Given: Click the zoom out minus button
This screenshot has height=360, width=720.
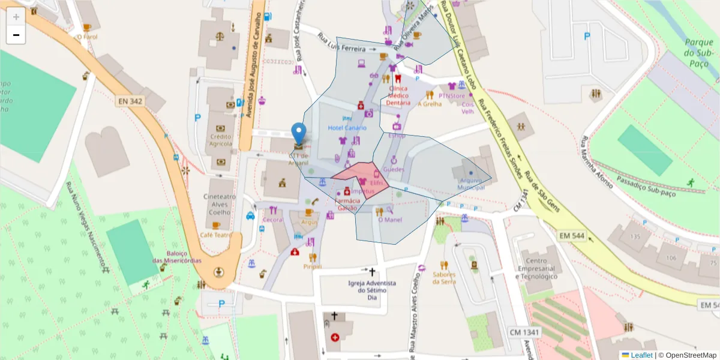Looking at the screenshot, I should [16, 35].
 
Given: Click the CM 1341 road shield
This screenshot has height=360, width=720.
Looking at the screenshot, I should [524, 332].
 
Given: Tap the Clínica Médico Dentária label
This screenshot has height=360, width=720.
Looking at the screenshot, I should [398, 95].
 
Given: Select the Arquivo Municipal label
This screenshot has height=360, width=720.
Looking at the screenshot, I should [471, 184].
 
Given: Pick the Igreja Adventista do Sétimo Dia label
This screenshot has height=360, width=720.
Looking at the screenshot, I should [372, 290].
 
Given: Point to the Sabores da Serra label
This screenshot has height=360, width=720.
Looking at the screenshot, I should [443, 278].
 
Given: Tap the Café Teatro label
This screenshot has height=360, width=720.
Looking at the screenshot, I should [215, 235].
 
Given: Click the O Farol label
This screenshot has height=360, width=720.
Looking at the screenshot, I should [87, 37].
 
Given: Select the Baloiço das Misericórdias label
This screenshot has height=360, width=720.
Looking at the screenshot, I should [176, 257].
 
